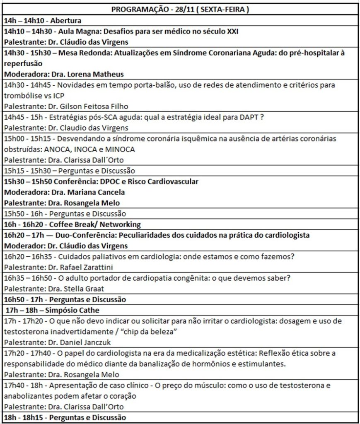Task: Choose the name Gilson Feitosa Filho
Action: click(x=87, y=106)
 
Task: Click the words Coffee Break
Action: click(x=71, y=224)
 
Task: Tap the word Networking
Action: click(x=119, y=224)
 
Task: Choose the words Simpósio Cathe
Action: click(x=72, y=310)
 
